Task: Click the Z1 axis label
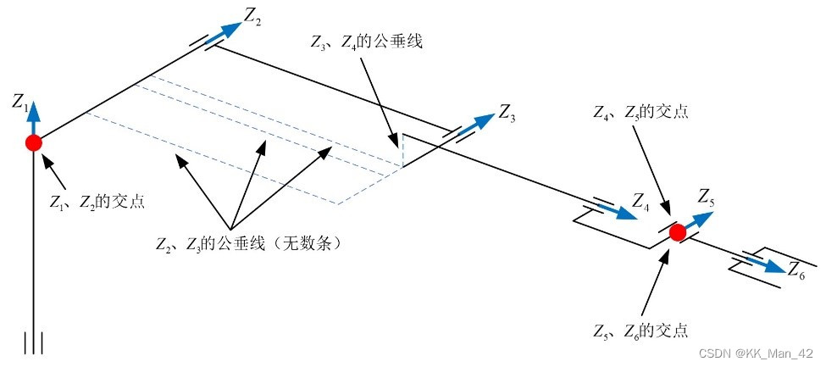coord(21,103)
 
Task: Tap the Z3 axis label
coord(507,112)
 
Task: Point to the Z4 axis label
coord(641,203)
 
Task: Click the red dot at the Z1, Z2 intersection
coord(33,142)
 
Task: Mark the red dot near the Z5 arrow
coord(677,232)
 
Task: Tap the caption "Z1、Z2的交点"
coord(96,202)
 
